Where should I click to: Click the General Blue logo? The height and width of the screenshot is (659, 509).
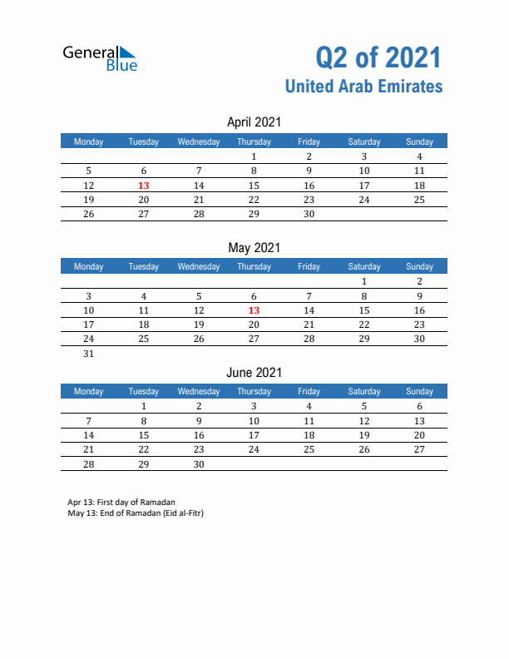coord(100,57)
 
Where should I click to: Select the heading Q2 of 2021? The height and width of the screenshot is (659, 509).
coord(378,57)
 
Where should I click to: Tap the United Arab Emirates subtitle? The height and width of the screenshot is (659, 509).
coord(363,87)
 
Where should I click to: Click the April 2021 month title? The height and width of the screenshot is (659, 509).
coord(254,122)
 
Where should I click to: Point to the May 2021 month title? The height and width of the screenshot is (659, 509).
coord(254,247)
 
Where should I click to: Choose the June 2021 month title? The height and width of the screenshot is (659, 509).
coord(254,372)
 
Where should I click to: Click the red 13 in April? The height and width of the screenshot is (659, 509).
coord(144,186)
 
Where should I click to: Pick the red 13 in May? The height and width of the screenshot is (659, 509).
coord(254,310)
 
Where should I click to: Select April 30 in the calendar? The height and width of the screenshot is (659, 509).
coord(309,214)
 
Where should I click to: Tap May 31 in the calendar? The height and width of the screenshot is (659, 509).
coord(89,354)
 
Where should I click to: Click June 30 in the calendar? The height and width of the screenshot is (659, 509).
coord(199,463)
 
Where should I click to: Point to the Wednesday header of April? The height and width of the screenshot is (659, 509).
coord(199,141)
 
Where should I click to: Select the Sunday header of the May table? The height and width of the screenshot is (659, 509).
coord(419,266)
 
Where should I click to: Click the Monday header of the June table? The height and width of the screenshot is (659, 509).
coord(89,391)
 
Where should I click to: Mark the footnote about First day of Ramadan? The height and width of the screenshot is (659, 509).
coord(121,503)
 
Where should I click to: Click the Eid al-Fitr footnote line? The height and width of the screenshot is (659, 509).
coord(136,513)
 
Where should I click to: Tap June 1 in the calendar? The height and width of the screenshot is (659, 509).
coord(144,407)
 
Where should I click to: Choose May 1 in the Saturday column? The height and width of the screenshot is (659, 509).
coord(364,282)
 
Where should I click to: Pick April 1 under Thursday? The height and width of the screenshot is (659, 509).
coord(254,157)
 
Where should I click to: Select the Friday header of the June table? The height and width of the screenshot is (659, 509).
coord(309,391)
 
